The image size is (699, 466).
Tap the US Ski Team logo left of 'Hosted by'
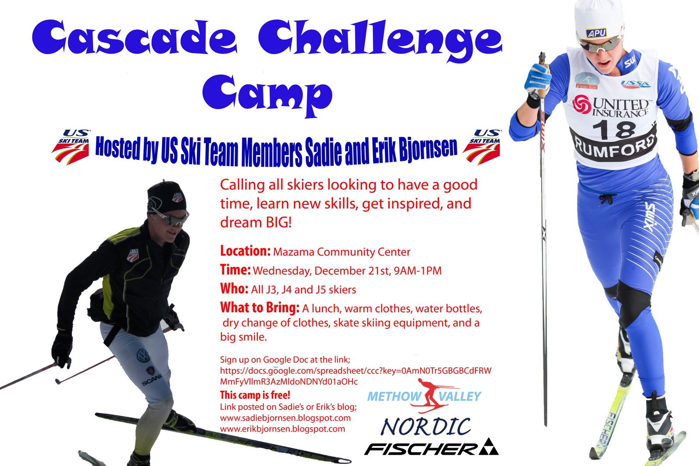tap(71, 147)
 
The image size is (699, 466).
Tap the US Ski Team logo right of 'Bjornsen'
tap(482, 147)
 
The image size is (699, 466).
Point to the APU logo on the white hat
tap(596, 33)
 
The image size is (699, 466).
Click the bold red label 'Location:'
tap(245, 251)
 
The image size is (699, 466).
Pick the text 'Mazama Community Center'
tap(342, 252)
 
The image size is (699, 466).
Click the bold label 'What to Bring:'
tap(260, 307)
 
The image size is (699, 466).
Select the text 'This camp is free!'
tap(255, 395)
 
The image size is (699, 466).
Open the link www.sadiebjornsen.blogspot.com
tap(285, 418)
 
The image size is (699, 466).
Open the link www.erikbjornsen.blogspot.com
tap(282, 429)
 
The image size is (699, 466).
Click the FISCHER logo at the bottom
tap(431, 447)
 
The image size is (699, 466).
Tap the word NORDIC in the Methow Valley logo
tap(426, 427)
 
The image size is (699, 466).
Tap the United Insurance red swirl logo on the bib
tap(581, 104)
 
